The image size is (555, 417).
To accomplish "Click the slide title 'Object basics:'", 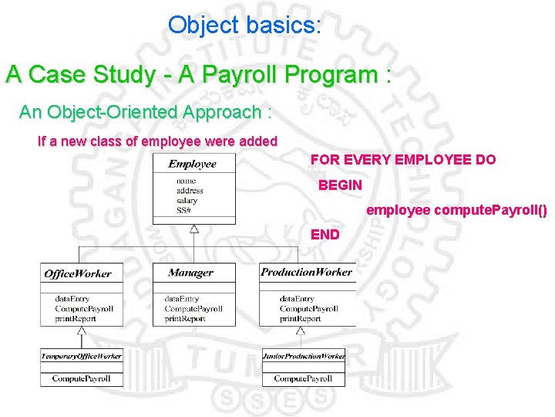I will [244, 25].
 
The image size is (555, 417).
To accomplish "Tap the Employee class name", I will [193, 164].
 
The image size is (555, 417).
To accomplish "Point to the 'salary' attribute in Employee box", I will [187, 201].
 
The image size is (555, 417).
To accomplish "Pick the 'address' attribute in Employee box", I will [190, 191].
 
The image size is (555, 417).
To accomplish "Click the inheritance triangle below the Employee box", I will [194, 229].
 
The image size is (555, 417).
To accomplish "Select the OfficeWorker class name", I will [78, 273].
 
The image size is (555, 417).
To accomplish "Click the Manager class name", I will [190, 273].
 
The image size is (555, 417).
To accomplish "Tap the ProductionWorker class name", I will [306, 272].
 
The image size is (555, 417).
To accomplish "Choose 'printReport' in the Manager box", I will [185, 319].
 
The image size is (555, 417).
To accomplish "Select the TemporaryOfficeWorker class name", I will [81, 356].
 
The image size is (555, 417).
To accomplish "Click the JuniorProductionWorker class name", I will [304, 356].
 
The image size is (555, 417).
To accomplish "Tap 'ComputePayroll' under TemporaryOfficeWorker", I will [81, 378].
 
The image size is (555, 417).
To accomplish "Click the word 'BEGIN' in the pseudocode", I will [340, 185].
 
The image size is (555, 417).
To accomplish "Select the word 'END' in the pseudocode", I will [325, 234].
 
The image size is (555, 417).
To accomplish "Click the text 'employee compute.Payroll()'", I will [456, 210].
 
